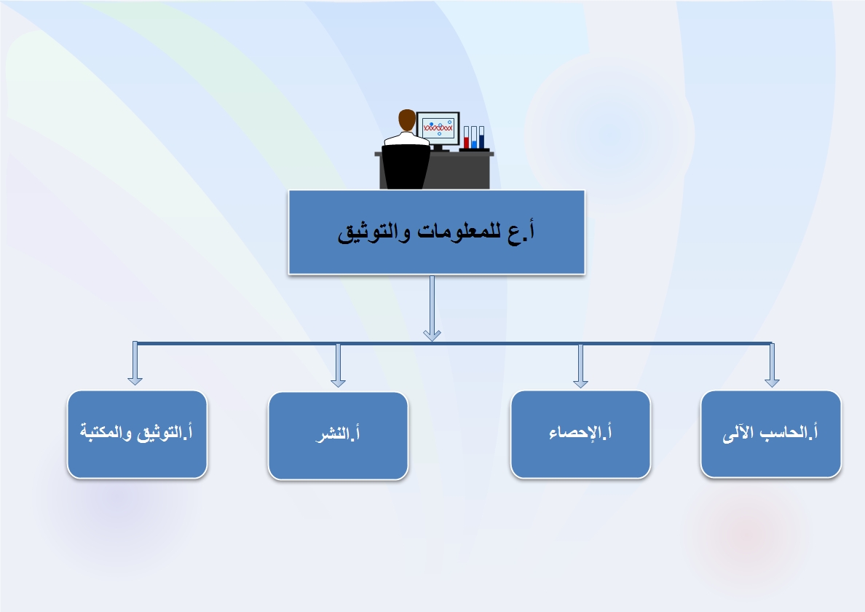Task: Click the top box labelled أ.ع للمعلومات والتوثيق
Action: tap(436, 232)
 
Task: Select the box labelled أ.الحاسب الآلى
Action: tap(770, 433)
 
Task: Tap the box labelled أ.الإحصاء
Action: tap(580, 434)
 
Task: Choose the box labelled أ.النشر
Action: tap(338, 436)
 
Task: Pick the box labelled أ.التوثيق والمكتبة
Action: tap(138, 434)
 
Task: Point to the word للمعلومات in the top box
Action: tap(459, 231)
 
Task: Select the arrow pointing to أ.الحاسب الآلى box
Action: tap(772, 365)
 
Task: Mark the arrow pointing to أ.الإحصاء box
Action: tap(580, 365)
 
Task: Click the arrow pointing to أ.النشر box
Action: tap(338, 365)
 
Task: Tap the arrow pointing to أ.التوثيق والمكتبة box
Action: tap(135, 363)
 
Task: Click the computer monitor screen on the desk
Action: tap(438, 128)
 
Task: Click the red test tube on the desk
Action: tap(466, 138)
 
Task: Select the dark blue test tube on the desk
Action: tap(481, 138)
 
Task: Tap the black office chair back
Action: tap(406, 166)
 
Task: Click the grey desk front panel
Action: tap(459, 172)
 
